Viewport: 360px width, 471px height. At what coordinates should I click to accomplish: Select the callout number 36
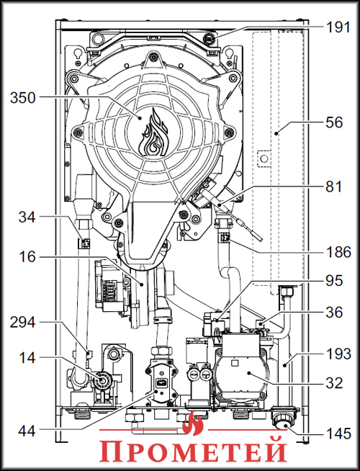pos(333,313)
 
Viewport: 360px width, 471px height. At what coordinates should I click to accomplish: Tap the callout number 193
pos(338,355)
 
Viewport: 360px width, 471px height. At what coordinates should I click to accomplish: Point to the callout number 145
pos(338,434)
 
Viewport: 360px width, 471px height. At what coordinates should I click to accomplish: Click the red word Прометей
pos(193,452)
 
